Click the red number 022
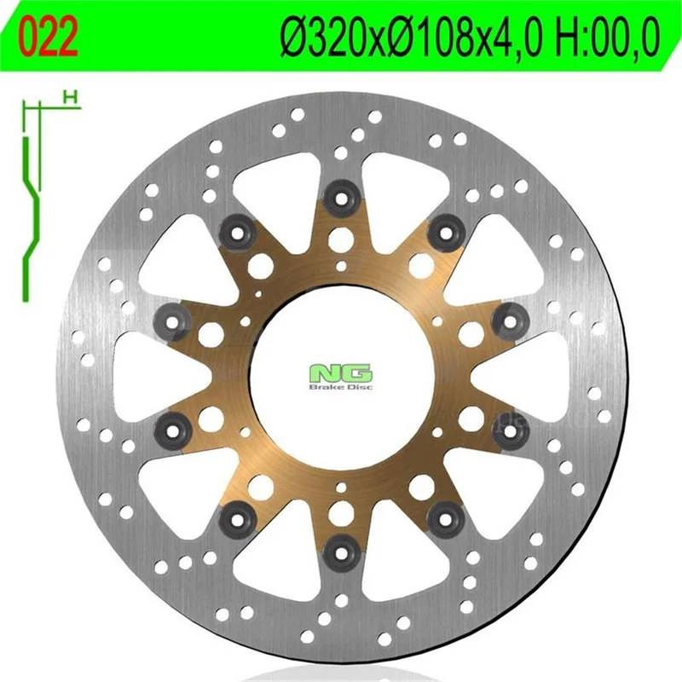[49, 38]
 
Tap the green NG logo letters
[340, 373]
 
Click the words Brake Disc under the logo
[340, 387]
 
